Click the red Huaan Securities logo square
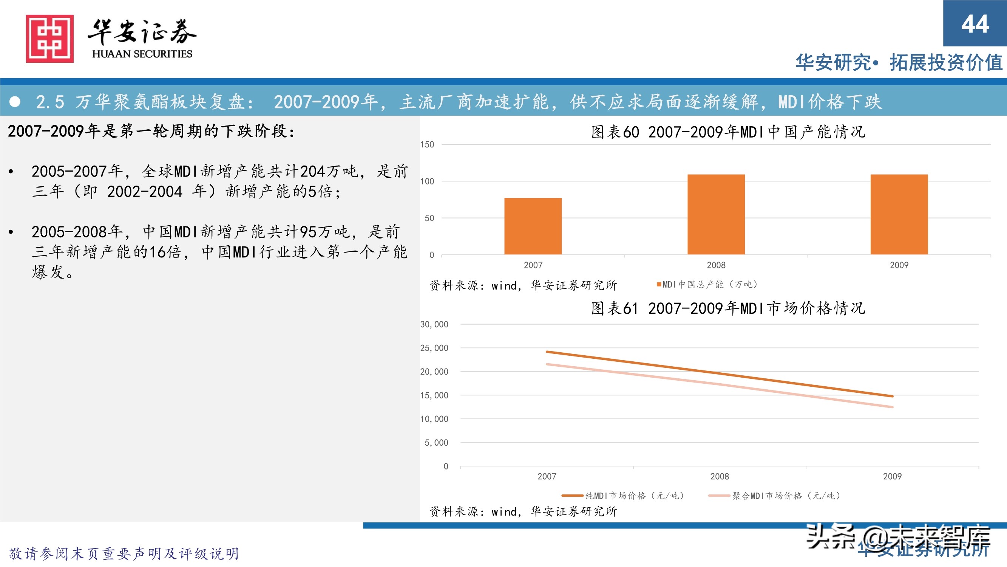tap(49, 38)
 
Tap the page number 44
tap(975, 24)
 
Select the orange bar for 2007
tap(533, 226)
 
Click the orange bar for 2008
tap(716, 214)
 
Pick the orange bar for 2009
tap(899, 214)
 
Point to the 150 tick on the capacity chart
tap(427, 144)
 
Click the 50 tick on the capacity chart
tap(429, 218)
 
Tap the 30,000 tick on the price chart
tap(434, 324)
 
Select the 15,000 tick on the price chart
tap(434, 395)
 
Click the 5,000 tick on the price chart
tap(436, 443)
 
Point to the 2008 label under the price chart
tap(719, 476)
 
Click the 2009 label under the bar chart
tap(899, 265)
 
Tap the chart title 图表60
tap(728, 132)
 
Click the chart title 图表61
tap(728, 308)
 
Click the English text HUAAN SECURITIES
tap(142, 54)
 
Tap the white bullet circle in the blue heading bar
tap(15, 102)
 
